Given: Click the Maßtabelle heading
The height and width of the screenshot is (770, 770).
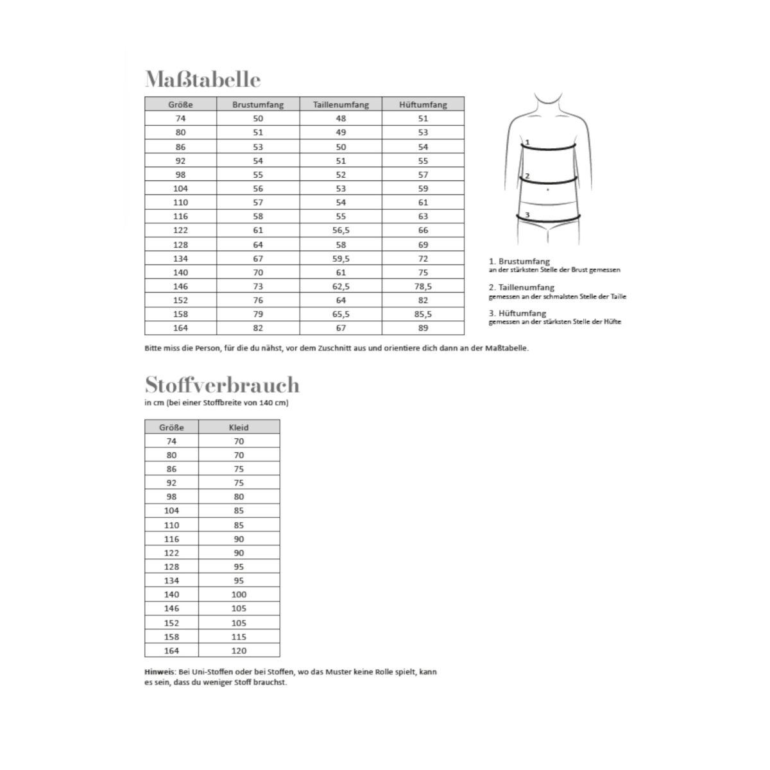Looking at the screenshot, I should (x=203, y=80).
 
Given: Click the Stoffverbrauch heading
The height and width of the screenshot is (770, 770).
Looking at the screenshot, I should (x=222, y=385).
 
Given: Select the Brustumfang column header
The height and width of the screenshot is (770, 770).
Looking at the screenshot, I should (x=258, y=105).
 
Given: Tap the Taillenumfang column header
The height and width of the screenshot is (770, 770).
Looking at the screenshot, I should (x=341, y=105).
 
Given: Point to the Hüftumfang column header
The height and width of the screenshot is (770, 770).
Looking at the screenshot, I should (x=423, y=105).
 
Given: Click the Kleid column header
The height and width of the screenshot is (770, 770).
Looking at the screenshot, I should (x=239, y=427).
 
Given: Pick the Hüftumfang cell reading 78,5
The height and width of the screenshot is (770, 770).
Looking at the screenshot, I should (x=423, y=286).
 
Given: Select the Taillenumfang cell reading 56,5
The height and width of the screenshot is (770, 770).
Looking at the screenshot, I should (x=341, y=230).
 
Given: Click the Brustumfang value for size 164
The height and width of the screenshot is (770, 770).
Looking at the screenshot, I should (x=258, y=328).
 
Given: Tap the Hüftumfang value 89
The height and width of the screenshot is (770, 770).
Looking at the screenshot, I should (x=423, y=328).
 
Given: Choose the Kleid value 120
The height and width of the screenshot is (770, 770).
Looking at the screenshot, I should (x=239, y=651).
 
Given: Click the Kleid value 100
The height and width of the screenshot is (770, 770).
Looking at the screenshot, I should (x=239, y=595).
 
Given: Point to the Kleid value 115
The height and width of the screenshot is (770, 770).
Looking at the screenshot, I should (x=239, y=637).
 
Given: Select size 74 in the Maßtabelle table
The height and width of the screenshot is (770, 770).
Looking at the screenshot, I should (x=180, y=119).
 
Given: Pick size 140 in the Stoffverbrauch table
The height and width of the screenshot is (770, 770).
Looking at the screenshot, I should (x=171, y=595).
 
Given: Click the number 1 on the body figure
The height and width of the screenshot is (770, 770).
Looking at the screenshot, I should (x=527, y=142).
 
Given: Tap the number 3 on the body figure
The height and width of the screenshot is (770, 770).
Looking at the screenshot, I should (x=527, y=215).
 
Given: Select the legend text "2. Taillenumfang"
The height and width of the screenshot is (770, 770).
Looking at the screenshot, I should (x=521, y=287).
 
